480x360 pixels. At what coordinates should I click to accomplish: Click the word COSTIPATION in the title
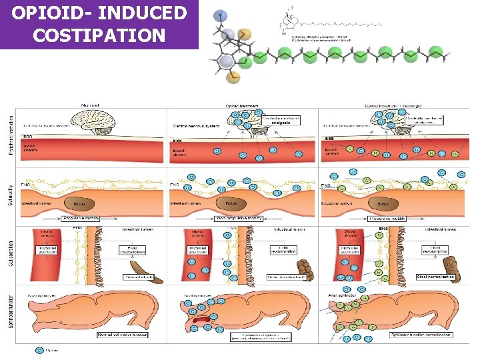point(99,35)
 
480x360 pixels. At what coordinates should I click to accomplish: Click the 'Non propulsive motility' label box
point(237,218)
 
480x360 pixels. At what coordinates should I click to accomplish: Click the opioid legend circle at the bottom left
point(40,349)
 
